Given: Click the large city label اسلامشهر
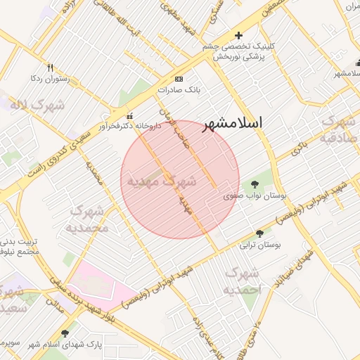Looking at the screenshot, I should [x=233, y=122].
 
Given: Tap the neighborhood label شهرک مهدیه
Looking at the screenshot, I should [x=160, y=181].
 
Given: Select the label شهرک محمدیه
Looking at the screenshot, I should [x=88, y=219].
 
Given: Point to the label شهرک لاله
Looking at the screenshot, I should [x=37, y=105].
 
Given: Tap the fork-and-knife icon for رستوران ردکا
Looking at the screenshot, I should [x=50, y=68].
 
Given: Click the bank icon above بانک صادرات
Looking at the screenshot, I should [x=179, y=79].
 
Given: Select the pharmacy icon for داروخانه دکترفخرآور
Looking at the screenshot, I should [x=129, y=116].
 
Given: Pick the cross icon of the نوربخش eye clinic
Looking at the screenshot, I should [x=238, y=35].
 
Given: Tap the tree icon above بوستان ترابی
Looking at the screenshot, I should [x=260, y=233].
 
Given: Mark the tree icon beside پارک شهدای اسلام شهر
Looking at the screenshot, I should [x=65, y=334].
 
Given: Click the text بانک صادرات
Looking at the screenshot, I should [x=179, y=90].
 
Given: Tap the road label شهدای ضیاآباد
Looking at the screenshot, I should [x=303, y=264].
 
